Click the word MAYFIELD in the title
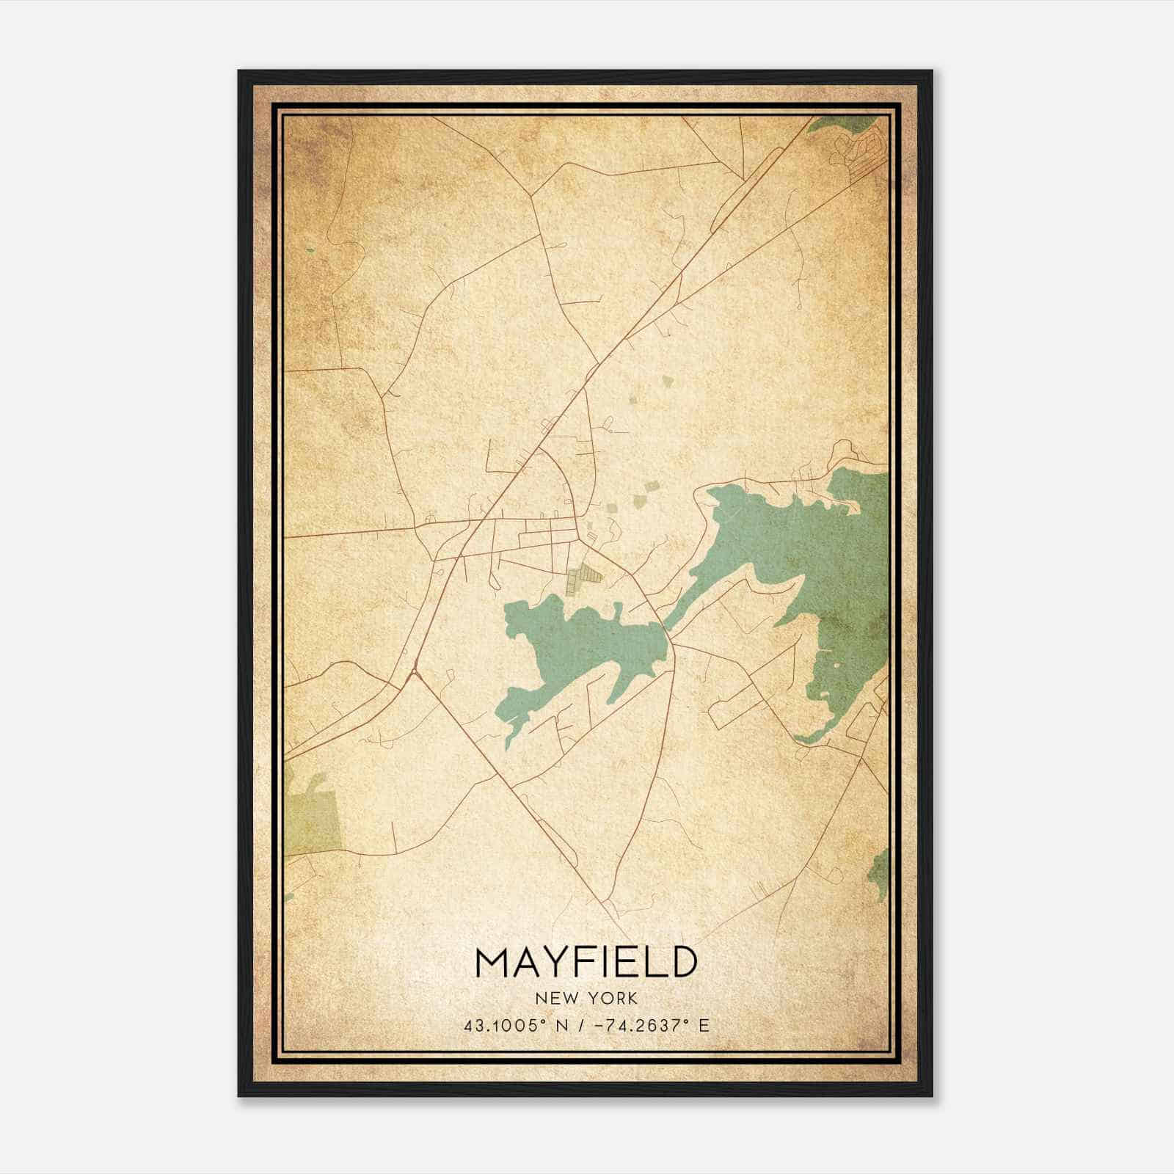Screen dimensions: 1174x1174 click(586, 963)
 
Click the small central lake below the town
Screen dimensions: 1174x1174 click(580, 646)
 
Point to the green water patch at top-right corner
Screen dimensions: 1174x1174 click(844, 123)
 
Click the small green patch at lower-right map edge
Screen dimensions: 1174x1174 click(879, 873)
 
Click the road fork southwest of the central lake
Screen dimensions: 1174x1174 click(415, 671)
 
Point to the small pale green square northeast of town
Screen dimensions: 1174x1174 click(667, 381)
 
